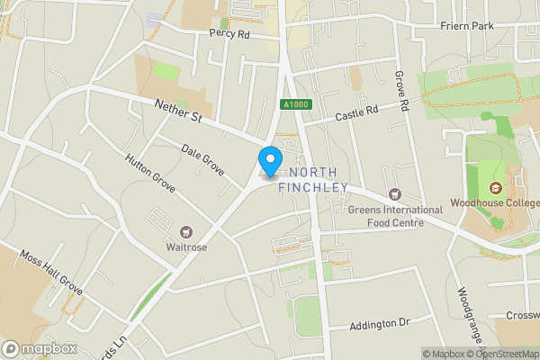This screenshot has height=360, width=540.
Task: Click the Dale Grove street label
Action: pos(202,157)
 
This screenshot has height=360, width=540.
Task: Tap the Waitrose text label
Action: pos(187,247)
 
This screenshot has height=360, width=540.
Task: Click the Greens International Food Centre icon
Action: pos(394,194)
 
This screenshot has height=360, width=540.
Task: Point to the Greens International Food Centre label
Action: pos(395,216)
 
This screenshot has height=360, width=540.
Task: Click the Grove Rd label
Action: pos(403,93)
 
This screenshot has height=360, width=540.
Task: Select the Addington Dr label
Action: pos(379,321)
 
